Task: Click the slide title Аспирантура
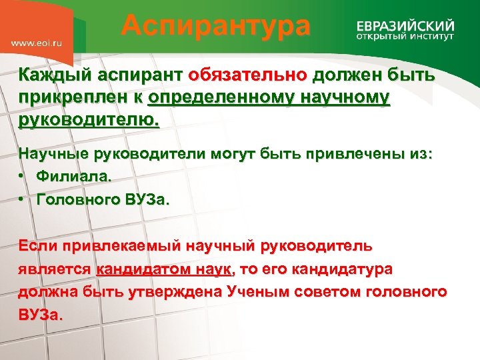tap(216, 27)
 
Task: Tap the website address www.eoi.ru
tap(37, 42)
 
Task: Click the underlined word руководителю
tap(89, 122)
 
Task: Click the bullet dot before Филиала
tap(23, 177)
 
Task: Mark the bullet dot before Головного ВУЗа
tap(23, 200)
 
